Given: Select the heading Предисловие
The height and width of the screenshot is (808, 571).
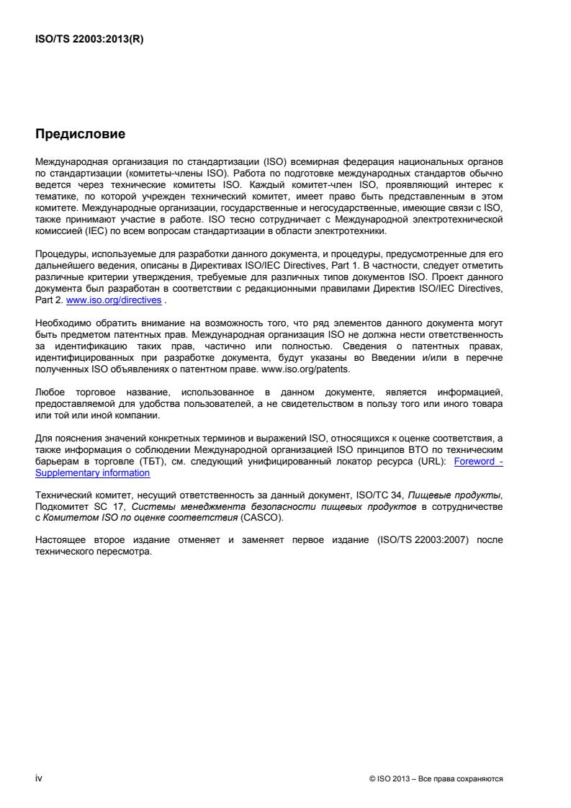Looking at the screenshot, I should tap(80, 134).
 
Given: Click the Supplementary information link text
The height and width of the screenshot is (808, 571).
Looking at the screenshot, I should tap(93, 473).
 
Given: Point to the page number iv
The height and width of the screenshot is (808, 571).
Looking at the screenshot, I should tap(39, 778).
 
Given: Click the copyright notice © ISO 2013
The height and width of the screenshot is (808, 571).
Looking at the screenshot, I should tap(392, 779).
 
